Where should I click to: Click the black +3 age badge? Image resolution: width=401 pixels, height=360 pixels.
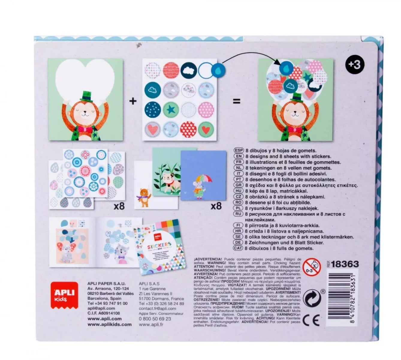(x=355, y=65)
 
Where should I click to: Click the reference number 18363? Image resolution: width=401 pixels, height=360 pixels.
(x=345, y=264)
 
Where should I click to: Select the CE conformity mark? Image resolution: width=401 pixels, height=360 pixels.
(x=311, y=321)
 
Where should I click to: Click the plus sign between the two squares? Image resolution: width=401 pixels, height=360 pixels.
(x=132, y=101)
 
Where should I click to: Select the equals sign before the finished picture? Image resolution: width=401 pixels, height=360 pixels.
(x=236, y=101)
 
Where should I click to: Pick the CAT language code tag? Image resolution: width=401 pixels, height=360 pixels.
(x=238, y=248)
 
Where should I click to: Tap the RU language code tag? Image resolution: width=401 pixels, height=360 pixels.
(x=238, y=214)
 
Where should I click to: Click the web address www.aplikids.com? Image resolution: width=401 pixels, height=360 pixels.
(x=109, y=324)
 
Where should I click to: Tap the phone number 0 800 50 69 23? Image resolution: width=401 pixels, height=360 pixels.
(x=155, y=319)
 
